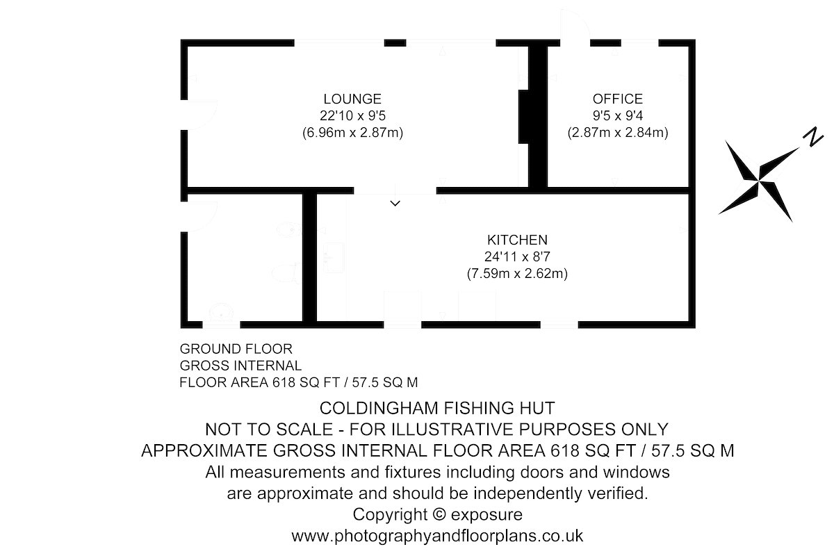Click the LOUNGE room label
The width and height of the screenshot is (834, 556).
[352, 99]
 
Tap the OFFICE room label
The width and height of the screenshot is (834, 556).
[618, 99]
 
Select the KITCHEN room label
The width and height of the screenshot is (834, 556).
[517, 240]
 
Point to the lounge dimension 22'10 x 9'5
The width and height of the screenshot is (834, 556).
[352, 116]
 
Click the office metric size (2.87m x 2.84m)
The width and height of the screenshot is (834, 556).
[618, 133]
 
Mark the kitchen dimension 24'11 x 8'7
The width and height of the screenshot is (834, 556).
[517, 257]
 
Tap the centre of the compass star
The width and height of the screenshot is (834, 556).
[758, 181]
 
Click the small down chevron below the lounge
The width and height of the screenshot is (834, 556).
[395, 204]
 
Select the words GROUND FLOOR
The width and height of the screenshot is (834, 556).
[236, 349]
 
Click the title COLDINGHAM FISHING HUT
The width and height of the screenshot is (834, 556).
[437, 408]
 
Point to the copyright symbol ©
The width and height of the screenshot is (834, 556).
[439, 514]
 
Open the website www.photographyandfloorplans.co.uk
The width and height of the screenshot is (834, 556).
[437, 537]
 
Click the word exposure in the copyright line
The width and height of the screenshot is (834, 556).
[486, 515]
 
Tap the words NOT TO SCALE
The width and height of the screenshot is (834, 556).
[269, 430]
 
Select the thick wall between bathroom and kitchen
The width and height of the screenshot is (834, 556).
[309, 258]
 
